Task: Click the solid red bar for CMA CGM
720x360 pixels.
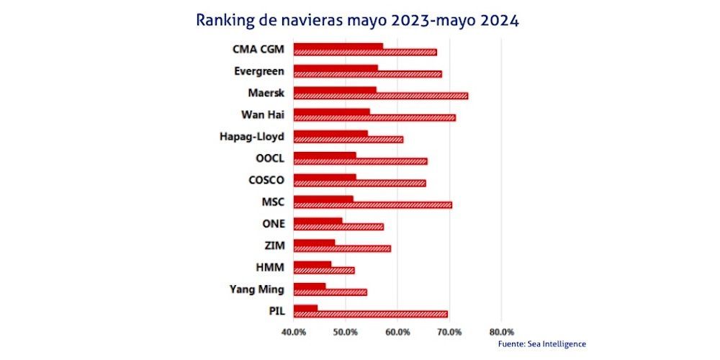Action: point(338,47)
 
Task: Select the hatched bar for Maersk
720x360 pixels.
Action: point(381,96)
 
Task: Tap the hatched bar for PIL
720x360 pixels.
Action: point(371,314)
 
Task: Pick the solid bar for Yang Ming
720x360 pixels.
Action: point(310,286)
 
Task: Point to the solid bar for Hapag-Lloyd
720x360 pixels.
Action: point(331,133)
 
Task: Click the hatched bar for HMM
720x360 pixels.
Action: point(324,271)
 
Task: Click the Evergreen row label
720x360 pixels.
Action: point(259,71)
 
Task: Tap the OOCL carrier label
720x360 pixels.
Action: point(269,158)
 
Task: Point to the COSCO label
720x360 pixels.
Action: point(265,180)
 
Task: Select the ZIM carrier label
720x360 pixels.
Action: point(274,246)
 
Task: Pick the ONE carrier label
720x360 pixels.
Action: point(273,223)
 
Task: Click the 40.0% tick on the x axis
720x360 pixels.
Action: point(294,332)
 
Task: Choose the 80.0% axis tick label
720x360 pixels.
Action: point(501,332)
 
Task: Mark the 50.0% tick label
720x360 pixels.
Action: point(346,332)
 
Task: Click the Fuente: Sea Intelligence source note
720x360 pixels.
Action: point(541,344)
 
